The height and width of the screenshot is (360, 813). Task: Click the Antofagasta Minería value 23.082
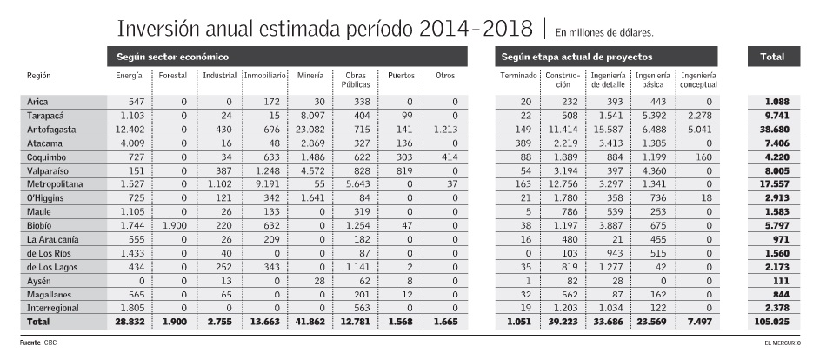pyautogui.click(x=309, y=129)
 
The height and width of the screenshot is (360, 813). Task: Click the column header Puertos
pyautogui.click(x=401, y=77)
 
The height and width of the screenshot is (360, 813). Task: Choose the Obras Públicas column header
pyautogui.click(x=355, y=81)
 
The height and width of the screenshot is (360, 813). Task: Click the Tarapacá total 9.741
pyautogui.click(x=772, y=115)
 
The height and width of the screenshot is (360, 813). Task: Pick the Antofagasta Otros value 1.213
pyautogui.click(x=443, y=129)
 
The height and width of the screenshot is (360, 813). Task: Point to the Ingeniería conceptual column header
pyautogui.click(x=699, y=81)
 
